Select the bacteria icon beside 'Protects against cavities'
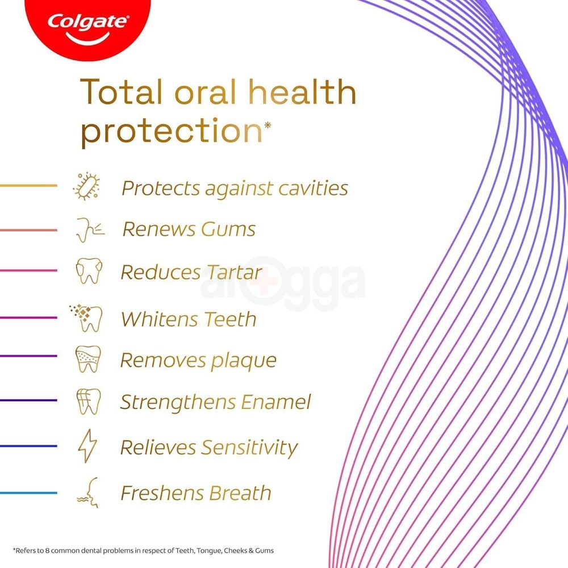87,187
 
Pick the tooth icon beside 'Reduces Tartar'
89,271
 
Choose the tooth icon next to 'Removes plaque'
88,359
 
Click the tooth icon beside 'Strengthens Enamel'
88,401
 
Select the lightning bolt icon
87,446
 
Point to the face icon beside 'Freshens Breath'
88,492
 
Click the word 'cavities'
313,188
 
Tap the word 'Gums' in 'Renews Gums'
228,229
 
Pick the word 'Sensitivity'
249,448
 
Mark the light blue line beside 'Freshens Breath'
28,492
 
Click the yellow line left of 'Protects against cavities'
28,186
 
